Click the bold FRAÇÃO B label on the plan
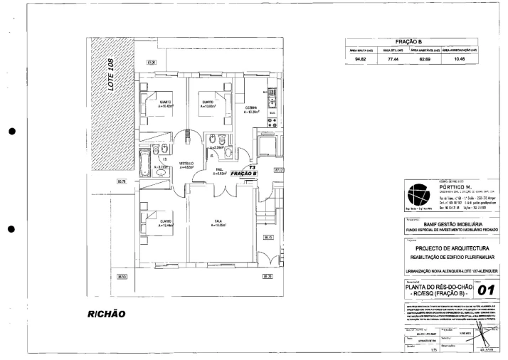click(244, 173)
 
